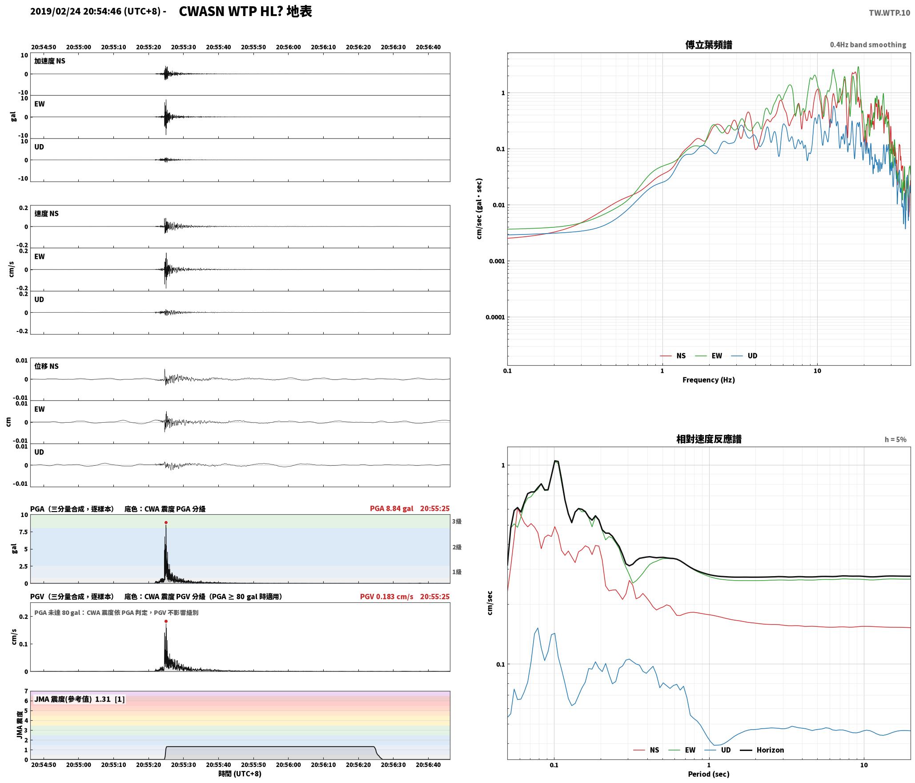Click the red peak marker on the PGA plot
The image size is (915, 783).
coord(166,523)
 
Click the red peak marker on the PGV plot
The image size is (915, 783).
coord(166,622)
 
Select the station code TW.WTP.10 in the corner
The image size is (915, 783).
coord(890,13)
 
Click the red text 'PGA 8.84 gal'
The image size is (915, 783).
coord(391,509)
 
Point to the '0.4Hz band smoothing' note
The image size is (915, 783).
coord(868,45)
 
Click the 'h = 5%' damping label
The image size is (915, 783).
coord(895,440)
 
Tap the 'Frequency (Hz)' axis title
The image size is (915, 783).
coord(709,380)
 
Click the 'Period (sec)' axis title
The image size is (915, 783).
coord(709,775)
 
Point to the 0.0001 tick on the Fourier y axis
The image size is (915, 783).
coord(495,317)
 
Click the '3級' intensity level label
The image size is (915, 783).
coord(457,521)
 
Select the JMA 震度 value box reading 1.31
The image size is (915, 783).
coord(79,699)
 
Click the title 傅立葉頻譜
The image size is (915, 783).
coord(709,44)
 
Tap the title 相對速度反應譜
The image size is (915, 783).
coord(709,439)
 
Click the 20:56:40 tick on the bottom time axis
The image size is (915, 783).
coord(428,765)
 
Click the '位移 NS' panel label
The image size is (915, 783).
coord(47,367)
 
